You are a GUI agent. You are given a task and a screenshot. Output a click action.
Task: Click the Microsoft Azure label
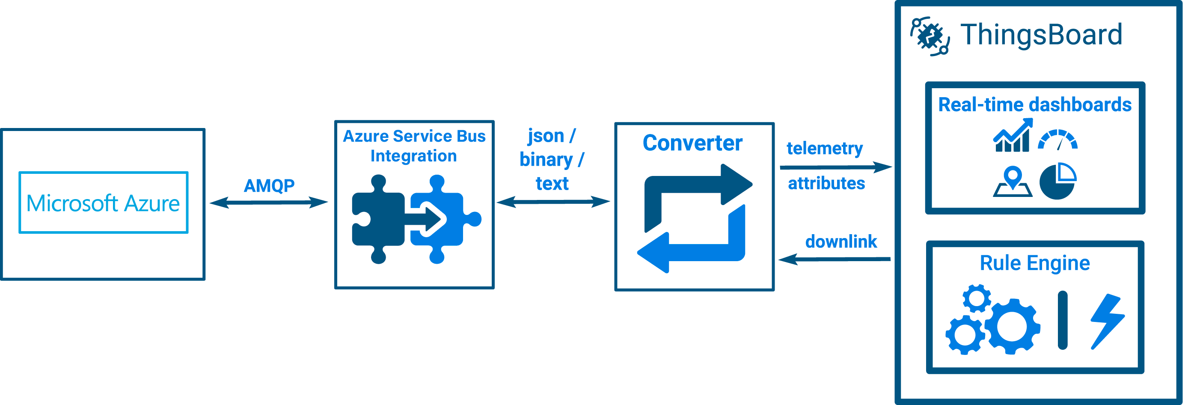click(x=103, y=203)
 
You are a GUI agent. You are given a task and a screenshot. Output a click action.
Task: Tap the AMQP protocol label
click(x=269, y=186)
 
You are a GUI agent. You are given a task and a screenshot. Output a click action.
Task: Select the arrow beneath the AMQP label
click(x=269, y=202)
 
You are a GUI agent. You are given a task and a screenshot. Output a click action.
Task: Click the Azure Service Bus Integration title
click(x=414, y=146)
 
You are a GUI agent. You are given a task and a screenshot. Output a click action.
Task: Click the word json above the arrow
click(x=546, y=136)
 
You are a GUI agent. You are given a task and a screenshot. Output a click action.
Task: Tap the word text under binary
click(x=552, y=184)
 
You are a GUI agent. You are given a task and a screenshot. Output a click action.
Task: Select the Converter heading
click(x=692, y=143)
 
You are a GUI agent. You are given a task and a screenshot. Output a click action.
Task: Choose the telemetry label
click(x=825, y=149)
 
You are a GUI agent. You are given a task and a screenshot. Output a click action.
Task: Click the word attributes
click(x=826, y=184)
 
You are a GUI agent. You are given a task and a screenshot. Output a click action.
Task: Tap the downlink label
click(x=841, y=241)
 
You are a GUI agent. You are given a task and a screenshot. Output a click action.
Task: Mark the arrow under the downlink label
click(x=835, y=259)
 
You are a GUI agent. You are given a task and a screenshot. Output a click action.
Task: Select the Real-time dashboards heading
click(x=1035, y=105)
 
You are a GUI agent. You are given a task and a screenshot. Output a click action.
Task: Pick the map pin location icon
click(x=1013, y=181)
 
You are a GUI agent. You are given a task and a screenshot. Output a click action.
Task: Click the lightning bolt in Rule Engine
click(x=1107, y=322)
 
